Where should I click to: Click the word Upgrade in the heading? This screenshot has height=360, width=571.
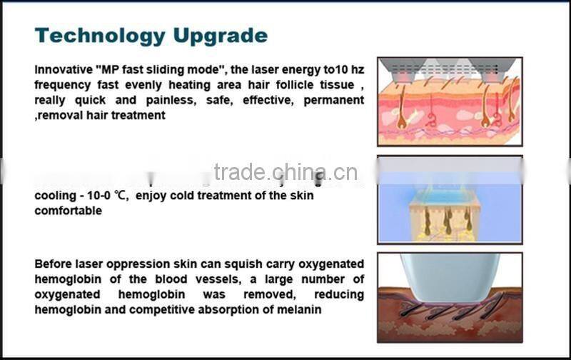coord(226,36)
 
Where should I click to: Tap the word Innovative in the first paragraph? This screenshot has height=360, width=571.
coord(62,70)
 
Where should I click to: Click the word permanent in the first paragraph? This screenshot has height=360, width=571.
coord(333,100)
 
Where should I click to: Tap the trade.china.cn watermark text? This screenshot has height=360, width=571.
coord(285,173)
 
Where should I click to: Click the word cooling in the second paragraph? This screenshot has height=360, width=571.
coord(54,196)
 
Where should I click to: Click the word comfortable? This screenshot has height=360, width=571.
coord(68,211)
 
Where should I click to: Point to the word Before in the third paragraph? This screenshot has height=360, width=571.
coord(54,264)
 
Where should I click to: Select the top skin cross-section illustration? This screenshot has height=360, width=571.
coord(449,101)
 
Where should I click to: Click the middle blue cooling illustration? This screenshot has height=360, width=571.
coord(449,199)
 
